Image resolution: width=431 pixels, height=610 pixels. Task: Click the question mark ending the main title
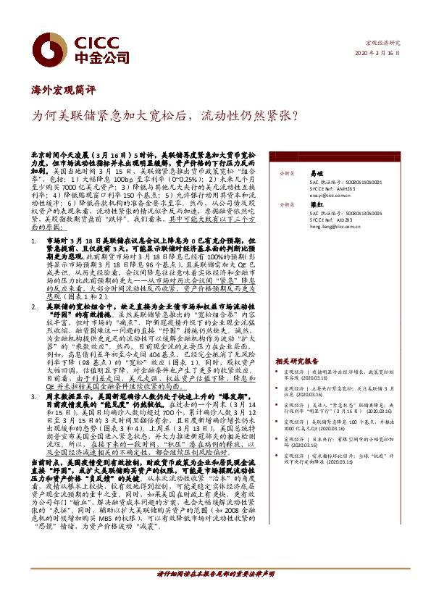pyautogui.click(x=290, y=114)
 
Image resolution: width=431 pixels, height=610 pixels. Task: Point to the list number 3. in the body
pyautogui.click(x=33, y=397)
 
